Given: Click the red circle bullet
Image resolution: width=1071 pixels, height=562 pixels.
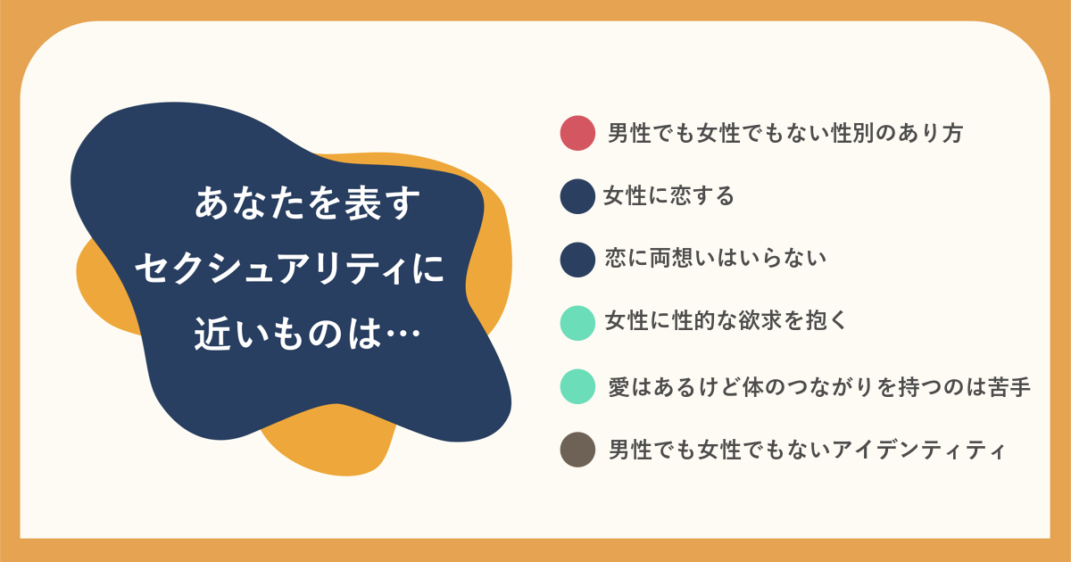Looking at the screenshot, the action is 577,133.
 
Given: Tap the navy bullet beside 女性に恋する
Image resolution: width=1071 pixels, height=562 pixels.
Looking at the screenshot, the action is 577,196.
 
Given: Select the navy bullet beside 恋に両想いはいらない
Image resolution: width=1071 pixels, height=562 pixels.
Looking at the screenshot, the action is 577,260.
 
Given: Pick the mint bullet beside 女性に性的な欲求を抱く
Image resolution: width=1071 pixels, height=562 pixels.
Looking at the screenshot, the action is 577,323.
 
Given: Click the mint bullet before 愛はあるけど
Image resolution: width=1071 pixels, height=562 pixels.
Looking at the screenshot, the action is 577,386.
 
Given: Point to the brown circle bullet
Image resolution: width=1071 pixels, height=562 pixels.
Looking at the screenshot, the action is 577,450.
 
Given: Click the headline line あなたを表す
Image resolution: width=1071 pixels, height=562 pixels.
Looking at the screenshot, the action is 307,203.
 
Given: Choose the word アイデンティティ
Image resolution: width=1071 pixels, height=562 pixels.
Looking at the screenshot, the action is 919,450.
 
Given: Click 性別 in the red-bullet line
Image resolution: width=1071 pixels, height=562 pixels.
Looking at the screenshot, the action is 853,133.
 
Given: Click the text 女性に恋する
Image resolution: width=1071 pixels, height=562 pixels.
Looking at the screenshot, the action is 668,196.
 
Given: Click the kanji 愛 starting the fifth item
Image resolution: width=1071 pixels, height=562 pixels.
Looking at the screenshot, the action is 619,387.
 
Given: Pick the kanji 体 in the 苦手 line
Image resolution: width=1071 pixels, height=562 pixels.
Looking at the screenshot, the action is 753,387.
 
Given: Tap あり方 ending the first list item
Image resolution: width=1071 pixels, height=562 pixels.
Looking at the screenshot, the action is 930,133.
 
